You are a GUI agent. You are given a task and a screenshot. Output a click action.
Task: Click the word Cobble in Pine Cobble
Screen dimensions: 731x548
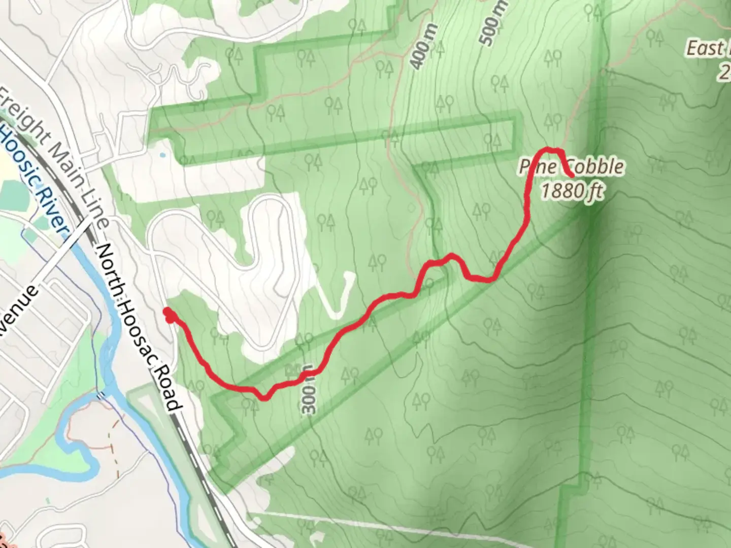(595, 166)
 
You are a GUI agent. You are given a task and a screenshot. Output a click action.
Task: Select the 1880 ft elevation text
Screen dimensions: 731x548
(572, 192)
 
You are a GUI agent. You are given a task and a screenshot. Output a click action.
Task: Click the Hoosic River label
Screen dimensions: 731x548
(33, 178)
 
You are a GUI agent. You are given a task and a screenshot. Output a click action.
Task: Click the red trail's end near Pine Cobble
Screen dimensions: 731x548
(572, 176)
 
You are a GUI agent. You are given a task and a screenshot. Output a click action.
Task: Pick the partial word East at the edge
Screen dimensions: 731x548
(706, 49)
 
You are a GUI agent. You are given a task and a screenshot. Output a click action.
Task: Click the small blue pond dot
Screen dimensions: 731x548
(161, 154)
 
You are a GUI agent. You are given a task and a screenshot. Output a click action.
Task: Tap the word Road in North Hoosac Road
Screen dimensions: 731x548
(170, 391)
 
